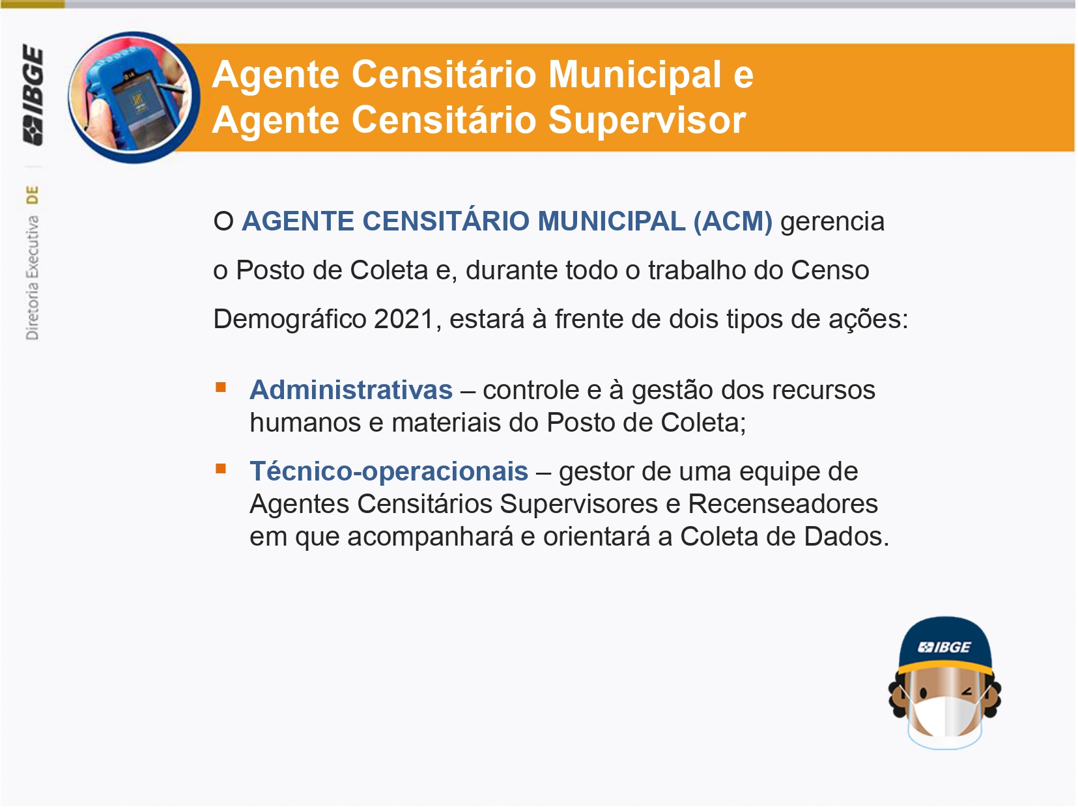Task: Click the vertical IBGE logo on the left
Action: tap(33, 95)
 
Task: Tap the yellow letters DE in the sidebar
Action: tap(33, 195)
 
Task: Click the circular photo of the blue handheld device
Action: tap(134, 97)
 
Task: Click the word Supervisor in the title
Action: tap(647, 120)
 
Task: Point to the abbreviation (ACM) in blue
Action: tap(733, 221)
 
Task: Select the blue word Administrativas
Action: tap(351, 390)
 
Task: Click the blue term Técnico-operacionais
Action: tap(389, 472)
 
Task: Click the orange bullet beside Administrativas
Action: tap(221, 388)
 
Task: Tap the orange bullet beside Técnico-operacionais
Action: tap(221, 469)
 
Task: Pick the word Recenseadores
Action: tap(783, 504)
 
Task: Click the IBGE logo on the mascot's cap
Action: tap(945, 648)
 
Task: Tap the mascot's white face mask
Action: tap(944, 717)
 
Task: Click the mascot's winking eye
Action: tap(968, 692)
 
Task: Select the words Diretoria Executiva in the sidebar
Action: tap(33, 278)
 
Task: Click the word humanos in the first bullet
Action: tap(305, 423)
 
